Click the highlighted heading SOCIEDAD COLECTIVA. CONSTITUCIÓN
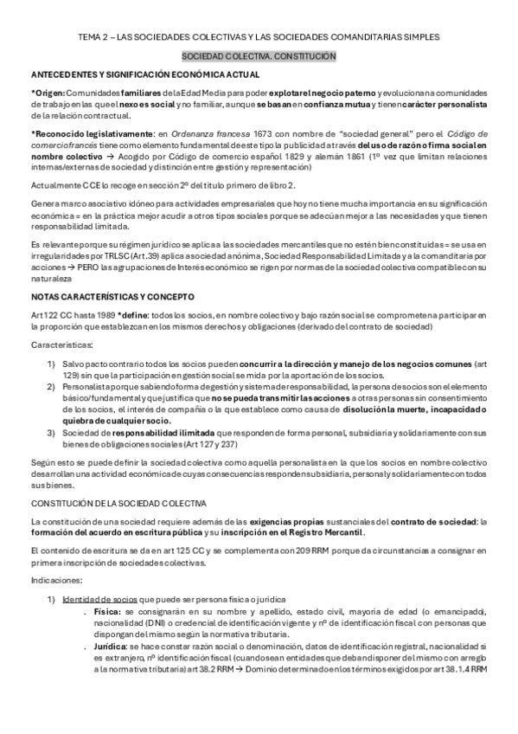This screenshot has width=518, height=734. [x=259, y=55]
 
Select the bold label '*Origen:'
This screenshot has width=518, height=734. [x=48, y=91]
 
